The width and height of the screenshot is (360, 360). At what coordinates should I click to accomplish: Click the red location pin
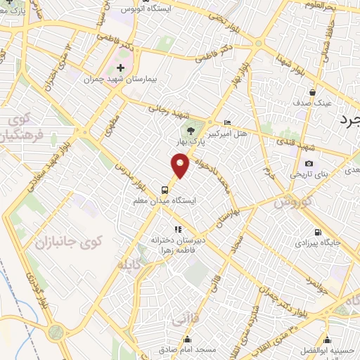181,166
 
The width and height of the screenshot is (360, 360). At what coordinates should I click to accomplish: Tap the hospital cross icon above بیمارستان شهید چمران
120,68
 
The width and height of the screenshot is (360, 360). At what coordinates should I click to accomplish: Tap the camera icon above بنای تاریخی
309,163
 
